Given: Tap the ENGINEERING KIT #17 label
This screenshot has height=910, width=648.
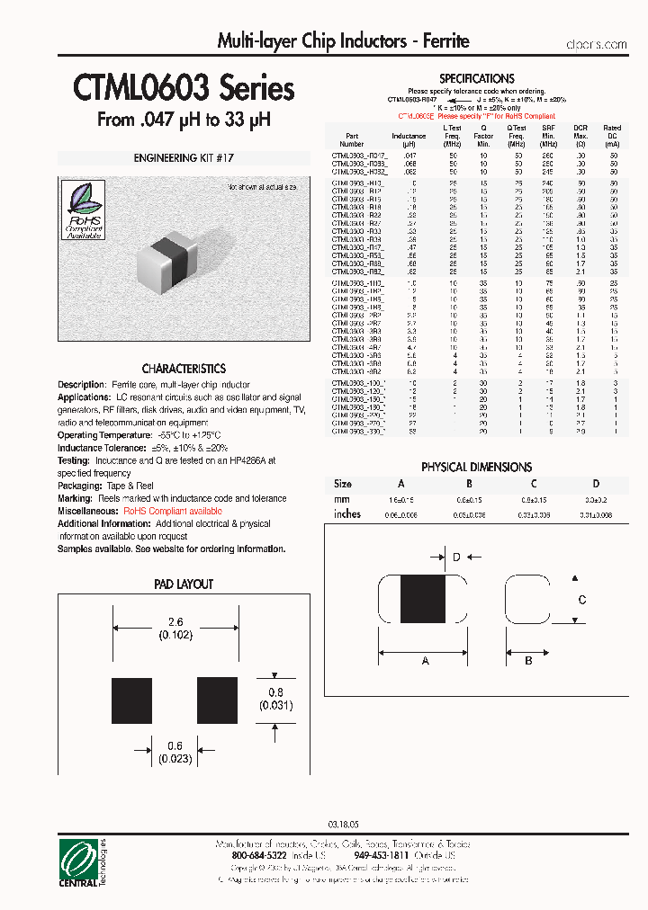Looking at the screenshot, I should [184, 158].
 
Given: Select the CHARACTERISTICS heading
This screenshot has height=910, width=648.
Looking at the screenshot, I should [184, 369].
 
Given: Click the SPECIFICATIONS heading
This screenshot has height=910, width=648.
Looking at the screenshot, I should [476, 79].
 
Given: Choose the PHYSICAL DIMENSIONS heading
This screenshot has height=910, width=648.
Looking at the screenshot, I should [476, 467].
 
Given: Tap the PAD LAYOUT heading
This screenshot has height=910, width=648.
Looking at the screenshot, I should [184, 584].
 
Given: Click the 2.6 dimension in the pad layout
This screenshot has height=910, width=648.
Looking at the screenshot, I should [175, 622].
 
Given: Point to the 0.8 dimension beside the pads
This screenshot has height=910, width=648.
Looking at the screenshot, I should [277, 692].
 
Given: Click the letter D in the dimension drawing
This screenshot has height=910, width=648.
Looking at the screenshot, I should [456, 558].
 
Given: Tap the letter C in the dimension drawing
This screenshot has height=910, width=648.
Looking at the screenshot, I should [581, 600].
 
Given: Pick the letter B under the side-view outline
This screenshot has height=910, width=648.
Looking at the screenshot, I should [528, 660].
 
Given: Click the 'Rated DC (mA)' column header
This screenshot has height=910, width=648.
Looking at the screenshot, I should [612, 136].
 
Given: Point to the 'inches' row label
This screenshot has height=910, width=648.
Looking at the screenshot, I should [347, 514].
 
